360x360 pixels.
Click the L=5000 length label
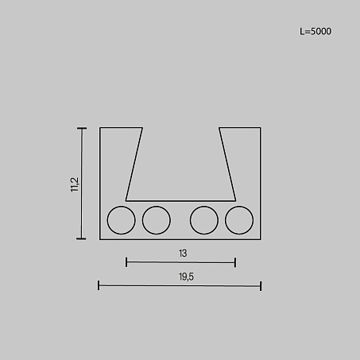point(315,32)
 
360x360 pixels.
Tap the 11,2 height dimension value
point(75,184)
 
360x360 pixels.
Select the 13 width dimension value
point(183,254)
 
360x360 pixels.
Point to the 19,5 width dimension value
point(186,277)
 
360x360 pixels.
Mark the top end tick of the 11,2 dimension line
point(82,129)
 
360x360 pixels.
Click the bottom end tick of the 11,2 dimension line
point(81,238)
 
